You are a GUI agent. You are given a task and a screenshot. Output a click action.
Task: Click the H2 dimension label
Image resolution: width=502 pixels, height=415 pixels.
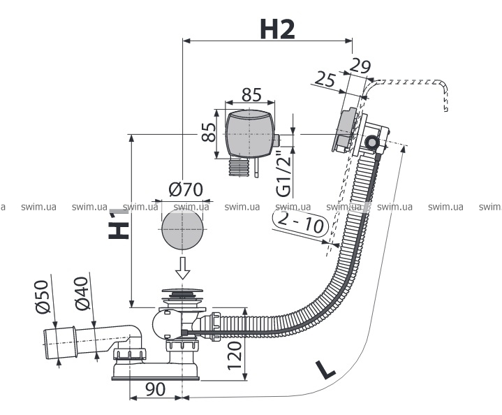[277, 29]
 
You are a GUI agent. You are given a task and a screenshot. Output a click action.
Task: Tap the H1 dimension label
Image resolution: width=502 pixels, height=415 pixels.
[120, 224]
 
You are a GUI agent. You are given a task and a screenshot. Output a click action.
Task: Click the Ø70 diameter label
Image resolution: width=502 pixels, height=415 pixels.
[185, 189]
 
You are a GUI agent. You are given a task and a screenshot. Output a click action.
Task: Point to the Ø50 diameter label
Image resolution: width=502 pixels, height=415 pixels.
[41, 298]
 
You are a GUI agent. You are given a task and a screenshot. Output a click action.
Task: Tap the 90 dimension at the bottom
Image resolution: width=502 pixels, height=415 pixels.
[156, 389]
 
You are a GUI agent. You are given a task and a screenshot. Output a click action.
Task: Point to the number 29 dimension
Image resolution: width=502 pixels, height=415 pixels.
[360, 67]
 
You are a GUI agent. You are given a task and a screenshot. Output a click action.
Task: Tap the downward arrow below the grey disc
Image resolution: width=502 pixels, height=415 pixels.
[183, 268]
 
